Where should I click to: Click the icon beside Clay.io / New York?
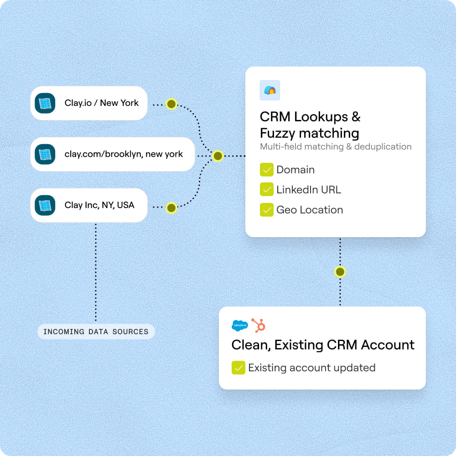pos(45,103)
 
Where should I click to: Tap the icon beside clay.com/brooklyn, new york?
pos(45,154)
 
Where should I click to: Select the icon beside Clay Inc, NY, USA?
pos(45,205)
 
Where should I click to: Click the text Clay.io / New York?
pos(101,103)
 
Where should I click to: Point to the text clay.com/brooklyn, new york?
pos(124,154)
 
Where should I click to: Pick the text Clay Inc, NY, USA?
pos(99,205)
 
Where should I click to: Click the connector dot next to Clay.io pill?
pos(171,104)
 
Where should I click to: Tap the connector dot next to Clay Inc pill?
pos(171,208)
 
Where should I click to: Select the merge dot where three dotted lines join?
pos(218,156)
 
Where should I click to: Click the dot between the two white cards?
pos(340,272)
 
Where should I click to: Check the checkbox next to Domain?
pos(266,170)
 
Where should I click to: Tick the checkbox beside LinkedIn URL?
pos(266,190)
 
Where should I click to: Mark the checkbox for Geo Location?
pos(266,210)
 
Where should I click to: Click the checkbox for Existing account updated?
pos(238,368)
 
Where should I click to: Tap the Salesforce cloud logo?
pos(239,326)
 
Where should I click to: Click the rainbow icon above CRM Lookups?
pos(269,90)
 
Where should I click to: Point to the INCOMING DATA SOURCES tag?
pos(96,332)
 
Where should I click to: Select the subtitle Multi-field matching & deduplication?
pos(336,147)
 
